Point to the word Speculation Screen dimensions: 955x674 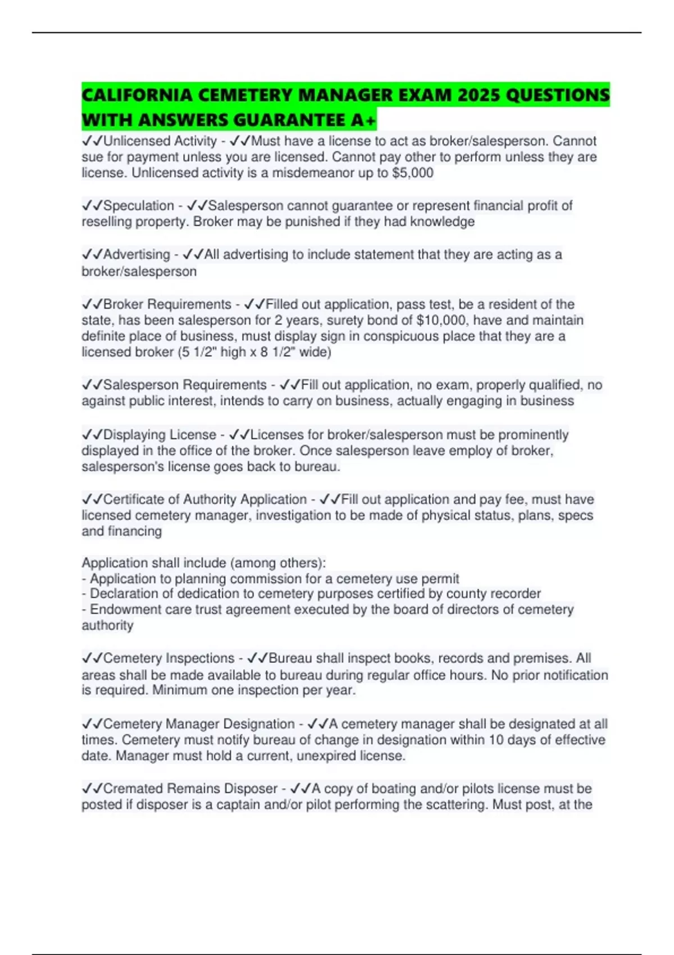pos(139,206)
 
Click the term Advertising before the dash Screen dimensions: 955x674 pos(136,254)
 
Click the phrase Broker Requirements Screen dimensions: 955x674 pos(167,304)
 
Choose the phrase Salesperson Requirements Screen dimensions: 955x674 pos(185,385)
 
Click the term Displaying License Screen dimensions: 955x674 pos(160,435)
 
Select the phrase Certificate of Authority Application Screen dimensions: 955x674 pos(205,499)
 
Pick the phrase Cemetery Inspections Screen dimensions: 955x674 pos(169,658)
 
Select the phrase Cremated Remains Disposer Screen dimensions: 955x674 pos(190,789)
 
